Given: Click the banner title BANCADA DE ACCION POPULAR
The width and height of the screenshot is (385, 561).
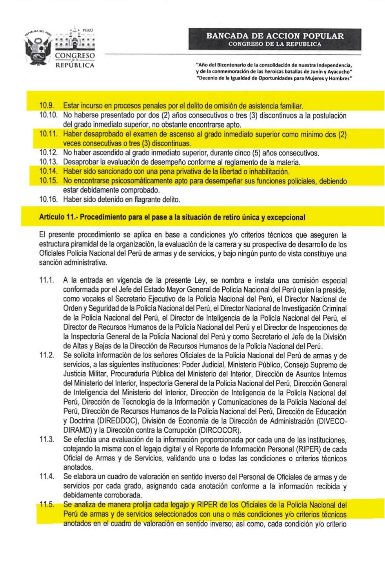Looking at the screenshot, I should click(275, 36).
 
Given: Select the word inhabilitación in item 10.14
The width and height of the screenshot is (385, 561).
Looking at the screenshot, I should click(267, 171).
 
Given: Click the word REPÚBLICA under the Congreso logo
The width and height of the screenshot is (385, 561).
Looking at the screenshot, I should click(75, 65).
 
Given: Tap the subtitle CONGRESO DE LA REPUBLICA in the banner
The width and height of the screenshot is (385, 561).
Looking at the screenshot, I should click(275, 44).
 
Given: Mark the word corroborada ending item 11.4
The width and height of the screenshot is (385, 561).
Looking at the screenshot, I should click(121, 495).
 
